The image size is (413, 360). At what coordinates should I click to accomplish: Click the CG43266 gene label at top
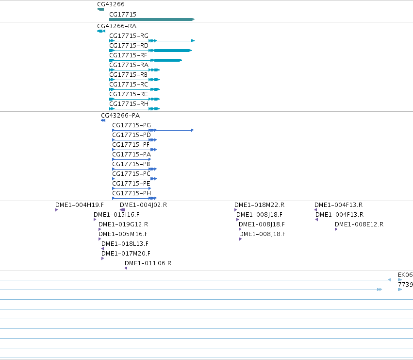111,4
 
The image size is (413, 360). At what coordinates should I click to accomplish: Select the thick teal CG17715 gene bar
152,19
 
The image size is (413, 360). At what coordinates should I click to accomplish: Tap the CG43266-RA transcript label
116,26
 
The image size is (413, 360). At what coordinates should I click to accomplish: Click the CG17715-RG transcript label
129,36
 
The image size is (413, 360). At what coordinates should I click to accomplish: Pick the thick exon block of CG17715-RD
173,51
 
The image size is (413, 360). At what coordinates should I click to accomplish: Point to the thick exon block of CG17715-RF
168,60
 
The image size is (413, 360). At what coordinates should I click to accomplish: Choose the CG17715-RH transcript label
129,104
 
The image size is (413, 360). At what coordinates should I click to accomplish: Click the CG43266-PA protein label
120,116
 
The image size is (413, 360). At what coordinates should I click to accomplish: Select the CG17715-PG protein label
132,125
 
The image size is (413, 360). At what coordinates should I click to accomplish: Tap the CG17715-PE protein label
131,184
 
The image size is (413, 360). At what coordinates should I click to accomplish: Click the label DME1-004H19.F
80,205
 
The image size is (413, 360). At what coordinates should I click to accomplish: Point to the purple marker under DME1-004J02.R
122,210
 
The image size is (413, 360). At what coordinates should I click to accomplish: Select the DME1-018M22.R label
260,205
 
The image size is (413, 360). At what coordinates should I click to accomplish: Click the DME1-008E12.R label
359,224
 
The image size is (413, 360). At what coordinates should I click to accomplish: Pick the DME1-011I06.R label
148,263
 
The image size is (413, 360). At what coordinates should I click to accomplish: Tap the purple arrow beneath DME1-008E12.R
336,229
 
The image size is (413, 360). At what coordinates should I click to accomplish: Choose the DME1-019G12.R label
123,224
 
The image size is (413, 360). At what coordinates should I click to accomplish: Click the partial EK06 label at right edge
405,275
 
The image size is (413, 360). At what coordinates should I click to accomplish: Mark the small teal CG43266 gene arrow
100,9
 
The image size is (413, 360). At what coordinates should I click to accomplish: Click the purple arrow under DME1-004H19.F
57,210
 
